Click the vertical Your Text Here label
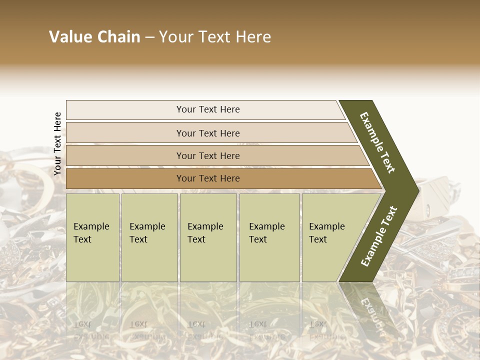57,144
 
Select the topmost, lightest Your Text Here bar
207,110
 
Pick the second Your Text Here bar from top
207,133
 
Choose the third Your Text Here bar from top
207,156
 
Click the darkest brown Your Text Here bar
207,178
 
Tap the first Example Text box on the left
92,237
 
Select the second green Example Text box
149,237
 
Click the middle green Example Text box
208,237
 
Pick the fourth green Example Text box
269,237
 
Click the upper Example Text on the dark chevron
377,142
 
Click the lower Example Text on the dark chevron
379,236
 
